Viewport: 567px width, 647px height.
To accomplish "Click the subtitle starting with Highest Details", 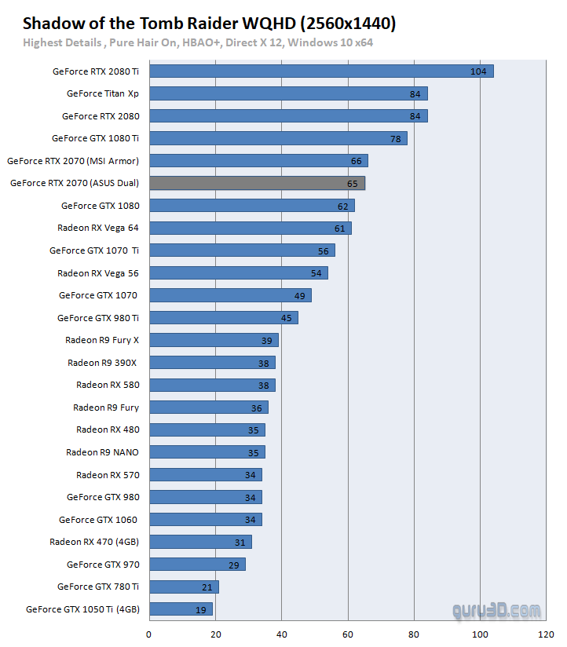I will coord(198,42).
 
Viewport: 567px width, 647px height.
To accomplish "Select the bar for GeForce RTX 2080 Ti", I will coord(320,71).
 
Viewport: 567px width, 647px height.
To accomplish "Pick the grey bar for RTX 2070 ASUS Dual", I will coord(257,184).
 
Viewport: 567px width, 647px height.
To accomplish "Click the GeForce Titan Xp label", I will coord(102,93).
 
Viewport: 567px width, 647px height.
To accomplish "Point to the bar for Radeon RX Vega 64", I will coord(250,228).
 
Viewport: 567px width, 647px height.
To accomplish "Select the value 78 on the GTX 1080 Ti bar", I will coord(396,139).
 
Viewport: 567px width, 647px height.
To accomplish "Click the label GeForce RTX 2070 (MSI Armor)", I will coord(73,161).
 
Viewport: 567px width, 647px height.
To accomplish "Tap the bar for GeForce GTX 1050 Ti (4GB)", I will coord(181,609).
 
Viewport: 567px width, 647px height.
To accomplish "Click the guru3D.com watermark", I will coord(496,610).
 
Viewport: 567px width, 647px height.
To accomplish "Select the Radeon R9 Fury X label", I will coord(102,340).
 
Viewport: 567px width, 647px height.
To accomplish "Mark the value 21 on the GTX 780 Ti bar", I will coord(208,587).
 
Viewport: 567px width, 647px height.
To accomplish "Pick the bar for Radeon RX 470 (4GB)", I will coord(200,542).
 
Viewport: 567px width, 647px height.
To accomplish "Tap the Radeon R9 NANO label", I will coord(102,452).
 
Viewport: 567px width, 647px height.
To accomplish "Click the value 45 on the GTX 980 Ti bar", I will coord(287,318).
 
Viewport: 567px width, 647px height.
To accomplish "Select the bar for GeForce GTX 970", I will coord(197,565).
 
